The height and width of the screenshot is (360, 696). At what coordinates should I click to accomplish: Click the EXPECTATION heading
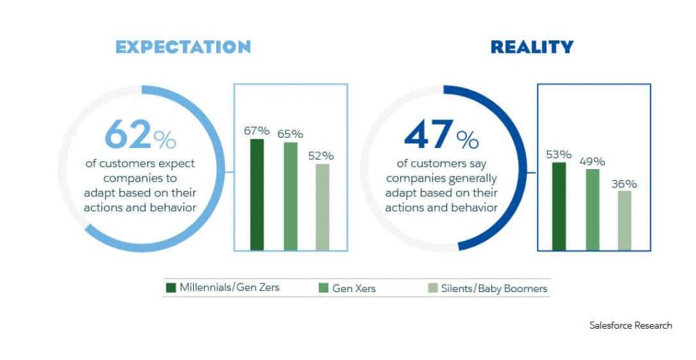183,47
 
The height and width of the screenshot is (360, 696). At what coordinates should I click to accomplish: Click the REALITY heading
532,47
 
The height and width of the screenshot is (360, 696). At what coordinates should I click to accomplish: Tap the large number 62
128,134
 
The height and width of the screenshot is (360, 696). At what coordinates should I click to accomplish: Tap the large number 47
429,134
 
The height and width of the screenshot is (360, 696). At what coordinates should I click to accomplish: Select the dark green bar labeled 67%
257,195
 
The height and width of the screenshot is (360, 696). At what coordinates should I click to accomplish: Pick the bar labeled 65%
291,196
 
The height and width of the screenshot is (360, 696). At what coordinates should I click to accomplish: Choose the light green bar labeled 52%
323,207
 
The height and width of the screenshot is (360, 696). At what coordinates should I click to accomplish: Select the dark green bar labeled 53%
559,206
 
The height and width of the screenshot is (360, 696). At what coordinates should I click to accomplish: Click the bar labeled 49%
593,210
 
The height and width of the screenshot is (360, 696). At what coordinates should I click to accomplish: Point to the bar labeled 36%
625,220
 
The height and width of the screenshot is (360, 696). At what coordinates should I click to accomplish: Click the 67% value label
256,131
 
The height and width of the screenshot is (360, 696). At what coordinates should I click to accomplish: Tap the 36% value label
624,183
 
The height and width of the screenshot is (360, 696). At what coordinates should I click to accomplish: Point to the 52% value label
321,156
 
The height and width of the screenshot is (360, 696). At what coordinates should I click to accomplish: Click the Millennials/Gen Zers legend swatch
171,288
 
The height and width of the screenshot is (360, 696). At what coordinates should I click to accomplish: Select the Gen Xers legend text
353,289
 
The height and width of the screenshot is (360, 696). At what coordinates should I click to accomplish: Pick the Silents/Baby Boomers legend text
494,289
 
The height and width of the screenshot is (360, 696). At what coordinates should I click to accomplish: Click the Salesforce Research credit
631,325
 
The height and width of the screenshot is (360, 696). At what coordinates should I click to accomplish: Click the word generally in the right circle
472,179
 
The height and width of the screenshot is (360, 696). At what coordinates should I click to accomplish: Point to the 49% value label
592,162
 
